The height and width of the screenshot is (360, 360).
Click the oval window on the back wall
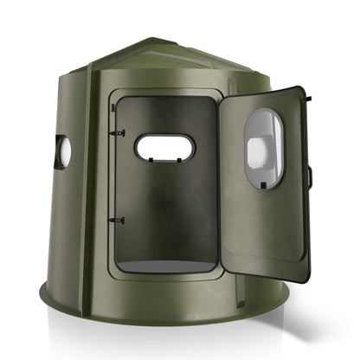tap(164, 147)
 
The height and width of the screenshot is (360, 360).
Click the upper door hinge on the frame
tap(119, 132)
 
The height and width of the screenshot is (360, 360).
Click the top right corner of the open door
tap(304, 87)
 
